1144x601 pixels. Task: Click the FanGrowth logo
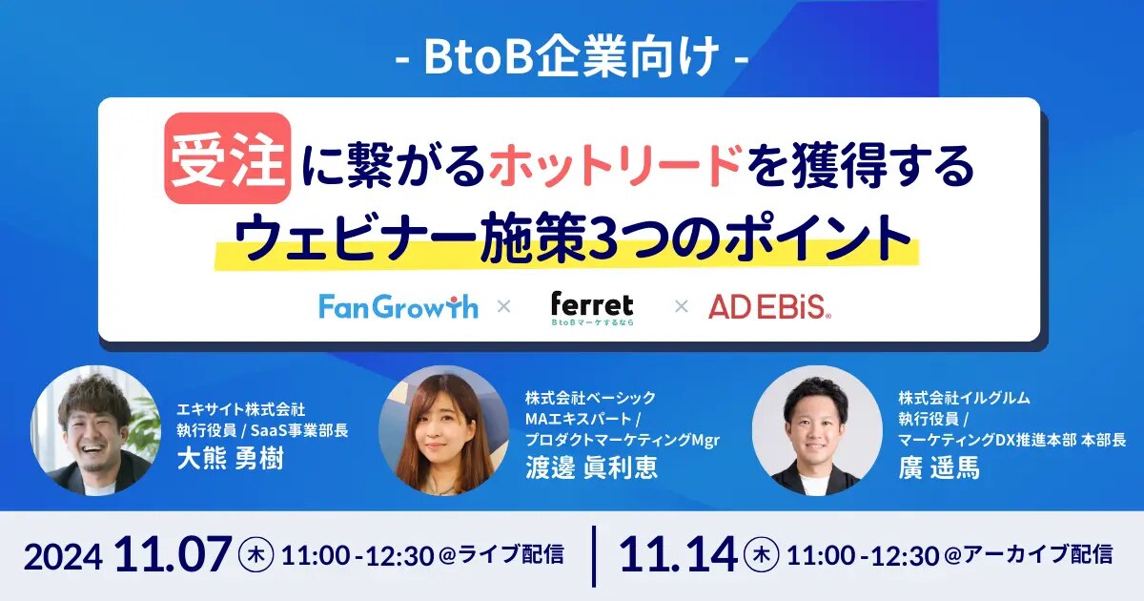tap(398, 306)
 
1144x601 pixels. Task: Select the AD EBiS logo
tap(769, 306)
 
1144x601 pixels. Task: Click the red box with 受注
tap(228, 158)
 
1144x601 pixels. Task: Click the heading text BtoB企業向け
tap(572, 58)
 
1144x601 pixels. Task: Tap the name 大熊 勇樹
tap(231, 458)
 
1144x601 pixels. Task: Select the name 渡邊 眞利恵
tap(591, 466)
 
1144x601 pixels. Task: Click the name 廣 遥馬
tap(939, 467)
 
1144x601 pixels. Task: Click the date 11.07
tap(174, 554)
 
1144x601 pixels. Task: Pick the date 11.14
tap(678, 554)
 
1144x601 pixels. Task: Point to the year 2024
tap(63, 557)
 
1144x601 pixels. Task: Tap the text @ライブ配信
tap(501, 555)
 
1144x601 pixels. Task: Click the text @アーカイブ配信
tap(1028, 555)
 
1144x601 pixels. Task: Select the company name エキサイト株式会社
tap(241, 409)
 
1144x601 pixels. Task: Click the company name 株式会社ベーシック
tap(590, 398)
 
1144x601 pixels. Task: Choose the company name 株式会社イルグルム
tap(964, 398)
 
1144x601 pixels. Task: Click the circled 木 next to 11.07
tap(256, 555)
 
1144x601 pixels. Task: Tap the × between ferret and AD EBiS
tap(682, 306)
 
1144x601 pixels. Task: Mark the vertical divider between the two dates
tap(594, 556)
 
